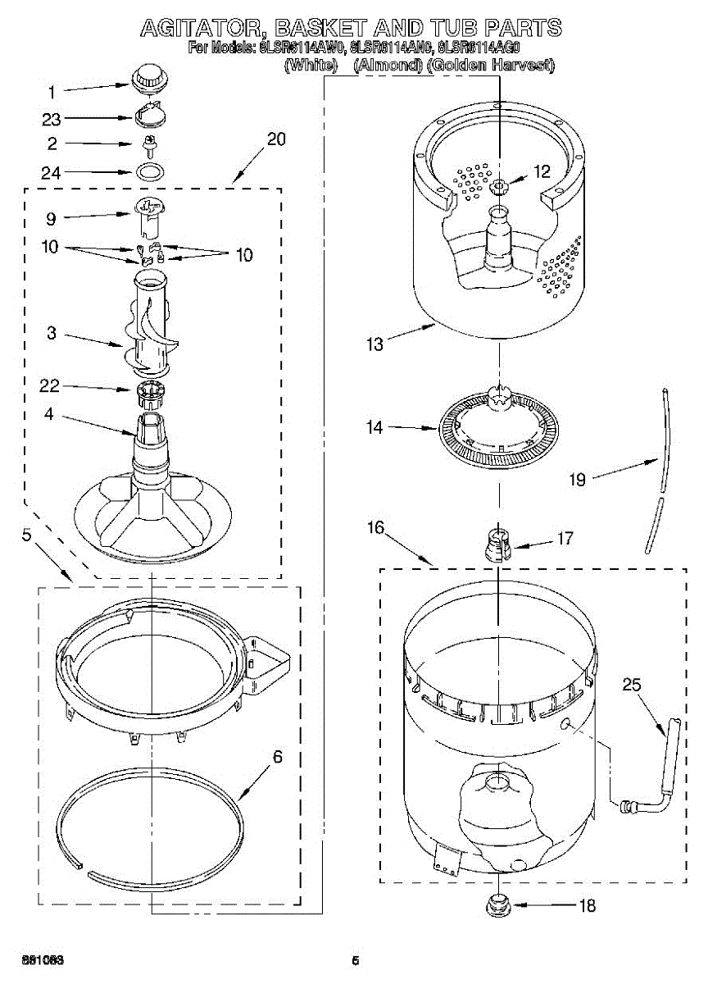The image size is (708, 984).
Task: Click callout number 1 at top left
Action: click(x=51, y=92)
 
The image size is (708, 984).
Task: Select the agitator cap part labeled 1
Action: click(x=148, y=80)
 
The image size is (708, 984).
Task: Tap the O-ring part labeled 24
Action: click(x=148, y=172)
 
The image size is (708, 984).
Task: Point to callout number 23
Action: click(x=52, y=119)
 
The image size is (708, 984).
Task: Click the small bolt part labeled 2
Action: click(x=149, y=145)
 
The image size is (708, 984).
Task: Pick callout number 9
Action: click(x=51, y=219)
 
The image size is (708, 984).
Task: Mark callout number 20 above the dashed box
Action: click(x=276, y=139)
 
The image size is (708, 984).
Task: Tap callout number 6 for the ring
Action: click(x=277, y=757)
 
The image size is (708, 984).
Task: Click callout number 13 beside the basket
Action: click(x=374, y=344)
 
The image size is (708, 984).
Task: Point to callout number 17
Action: click(x=565, y=539)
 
